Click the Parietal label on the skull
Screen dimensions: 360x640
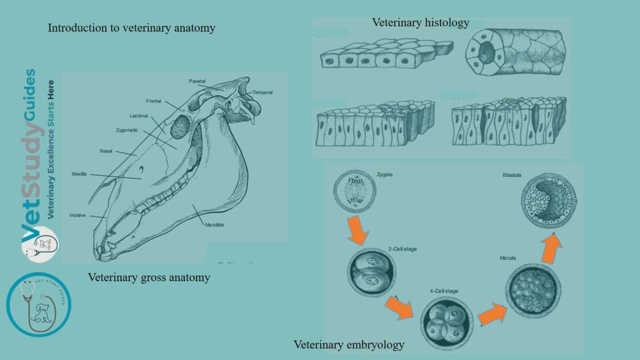point(197,81)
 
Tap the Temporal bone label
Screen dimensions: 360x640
point(262,92)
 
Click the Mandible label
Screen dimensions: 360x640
point(214,224)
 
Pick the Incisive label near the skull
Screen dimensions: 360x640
point(77,215)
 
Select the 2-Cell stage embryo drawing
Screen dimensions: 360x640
point(367,272)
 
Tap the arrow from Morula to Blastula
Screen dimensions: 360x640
point(551,249)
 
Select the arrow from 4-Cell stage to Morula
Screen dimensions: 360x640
point(492,313)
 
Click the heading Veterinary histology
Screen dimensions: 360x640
point(420,22)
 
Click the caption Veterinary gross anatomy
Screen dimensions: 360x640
point(149,277)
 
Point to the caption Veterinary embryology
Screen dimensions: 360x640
point(349,344)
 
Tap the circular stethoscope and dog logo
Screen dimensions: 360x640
point(39,304)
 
